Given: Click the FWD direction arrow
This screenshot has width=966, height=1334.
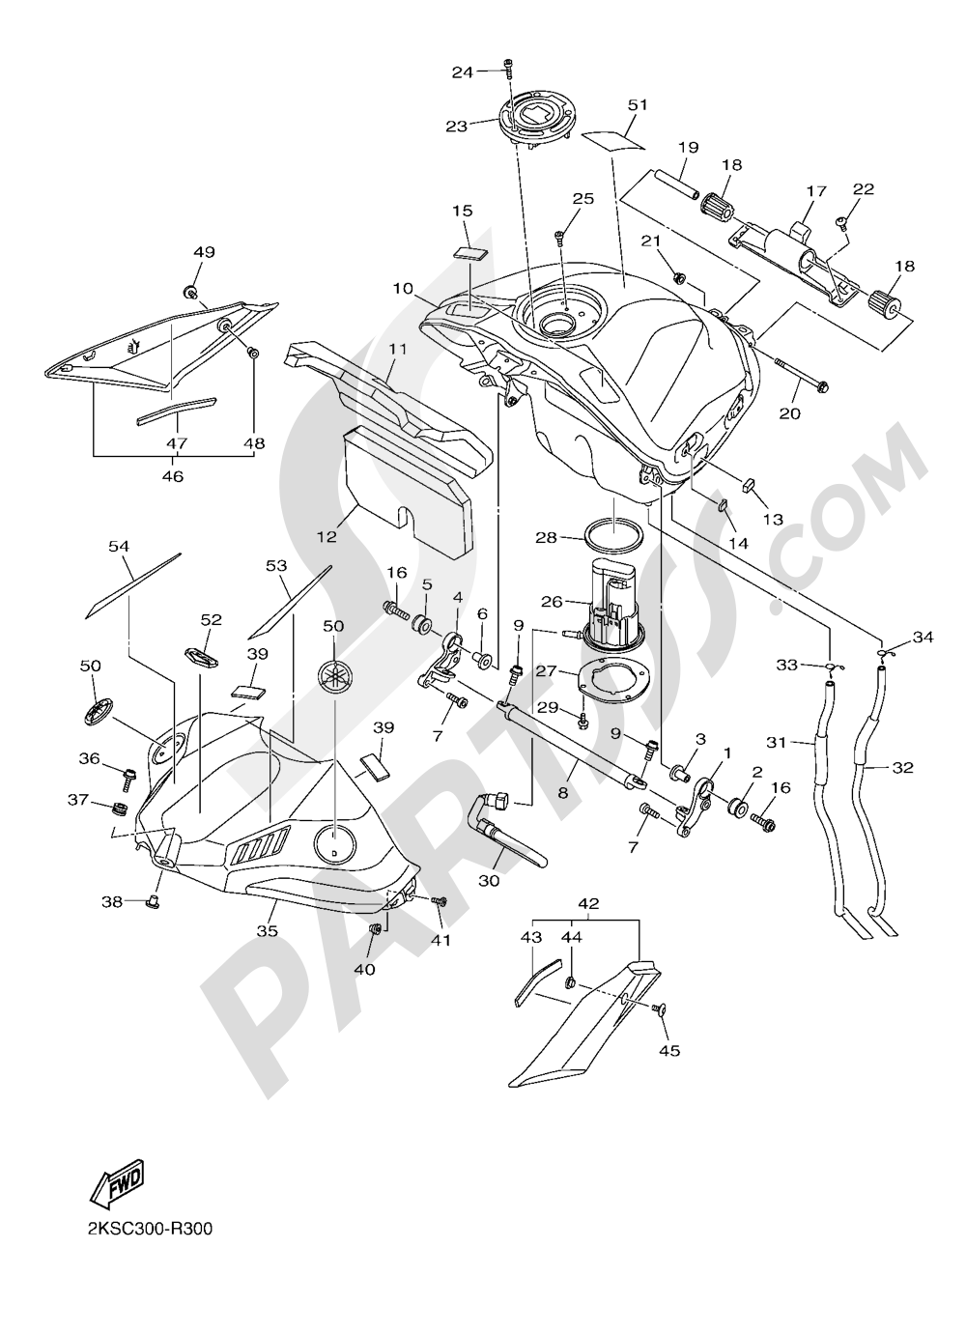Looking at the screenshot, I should pyautogui.click(x=116, y=1182).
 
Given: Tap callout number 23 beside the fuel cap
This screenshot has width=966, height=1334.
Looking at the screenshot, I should pyautogui.click(x=456, y=126).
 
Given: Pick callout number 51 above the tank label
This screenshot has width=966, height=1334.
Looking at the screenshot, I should pyautogui.click(x=637, y=104).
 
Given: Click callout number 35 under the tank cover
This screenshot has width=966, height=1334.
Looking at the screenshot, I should pyautogui.click(x=267, y=931).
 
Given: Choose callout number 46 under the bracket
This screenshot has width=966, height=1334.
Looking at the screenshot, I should pyautogui.click(x=173, y=476).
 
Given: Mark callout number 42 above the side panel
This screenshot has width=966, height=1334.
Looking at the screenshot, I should pyautogui.click(x=588, y=904).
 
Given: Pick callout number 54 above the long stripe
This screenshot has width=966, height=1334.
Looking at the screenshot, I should pyautogui.click(x=119, y=547).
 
